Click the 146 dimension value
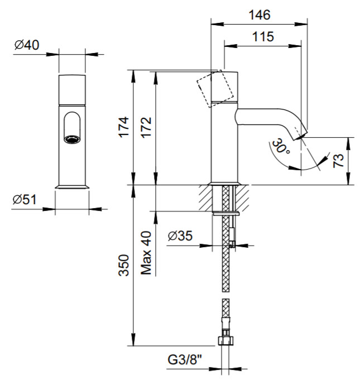[x=260, y=15]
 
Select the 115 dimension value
[x=263, y=37]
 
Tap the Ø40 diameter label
[x=27, y=45]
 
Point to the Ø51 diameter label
[x=25, y=199]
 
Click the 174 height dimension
[x=124, y=127]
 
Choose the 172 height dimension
[x=146, y=127]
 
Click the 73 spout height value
[x=338, y=161]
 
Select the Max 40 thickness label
[x=146, y=253]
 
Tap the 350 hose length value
[x=124, y=266]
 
